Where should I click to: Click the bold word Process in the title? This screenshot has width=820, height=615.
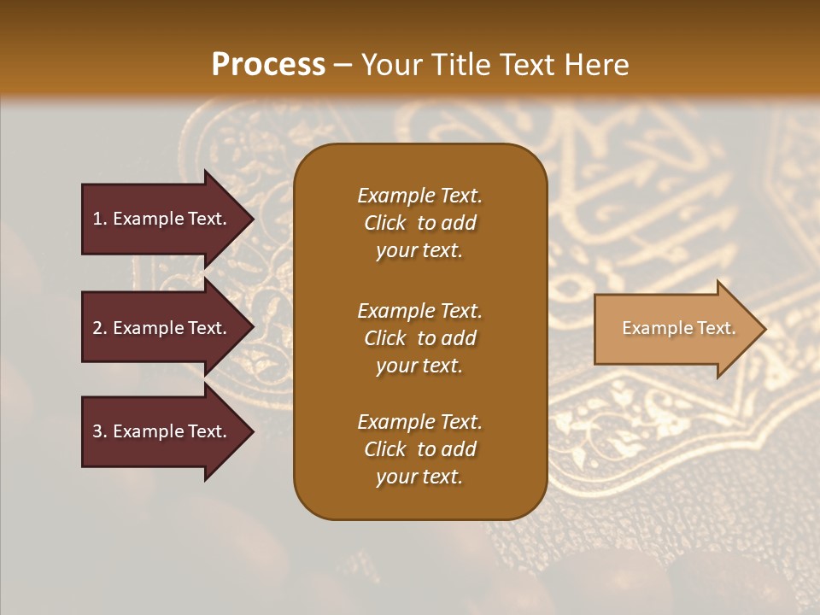coord(268,65)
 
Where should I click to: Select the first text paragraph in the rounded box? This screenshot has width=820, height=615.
coord(419,223)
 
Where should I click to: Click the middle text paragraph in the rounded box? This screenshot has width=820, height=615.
coord(419,338)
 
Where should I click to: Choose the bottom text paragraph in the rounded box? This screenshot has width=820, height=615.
coord(419,449)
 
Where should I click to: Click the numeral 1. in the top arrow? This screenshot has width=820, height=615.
coord(100,219)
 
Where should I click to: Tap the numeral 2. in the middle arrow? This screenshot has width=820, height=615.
coord(100,328)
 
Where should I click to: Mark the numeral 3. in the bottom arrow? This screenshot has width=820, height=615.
coord(100,431)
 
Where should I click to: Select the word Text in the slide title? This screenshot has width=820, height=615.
coord(524,65)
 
